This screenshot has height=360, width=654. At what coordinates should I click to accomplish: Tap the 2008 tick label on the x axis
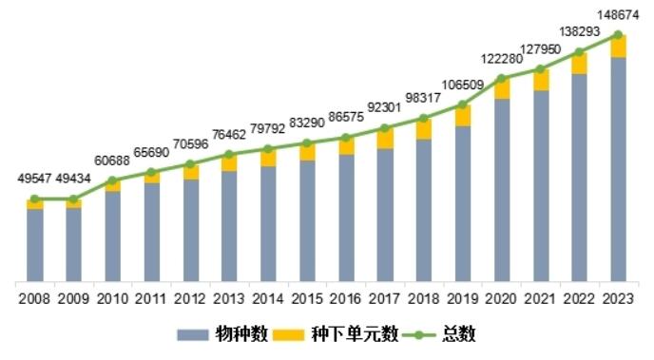[34, 298]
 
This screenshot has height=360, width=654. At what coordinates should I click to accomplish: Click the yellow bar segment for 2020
[502, 88]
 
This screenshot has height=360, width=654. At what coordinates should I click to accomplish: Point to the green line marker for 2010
[112, 180]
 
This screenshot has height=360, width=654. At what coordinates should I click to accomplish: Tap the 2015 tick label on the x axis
[307, 298]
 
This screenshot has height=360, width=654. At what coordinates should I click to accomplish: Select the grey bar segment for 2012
[190, 230]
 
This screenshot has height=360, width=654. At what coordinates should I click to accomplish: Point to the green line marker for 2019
[463, 104]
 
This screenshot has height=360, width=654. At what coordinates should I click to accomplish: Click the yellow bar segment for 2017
[385, 139]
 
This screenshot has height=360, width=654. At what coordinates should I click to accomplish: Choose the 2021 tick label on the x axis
[541, 298]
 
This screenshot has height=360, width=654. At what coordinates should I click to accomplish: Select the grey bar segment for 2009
[73, 244]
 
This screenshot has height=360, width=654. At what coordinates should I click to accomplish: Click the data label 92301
[385, 107]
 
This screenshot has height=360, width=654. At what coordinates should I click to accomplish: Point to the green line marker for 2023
[619, 35]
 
